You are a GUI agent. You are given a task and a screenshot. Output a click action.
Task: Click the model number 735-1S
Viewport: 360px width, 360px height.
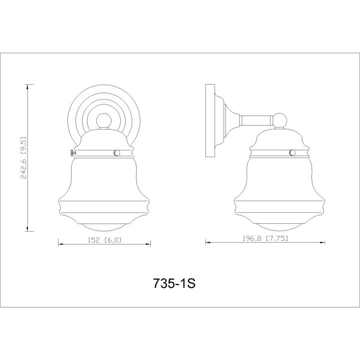174,283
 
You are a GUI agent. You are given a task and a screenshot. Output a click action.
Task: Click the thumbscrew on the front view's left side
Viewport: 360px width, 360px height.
73,153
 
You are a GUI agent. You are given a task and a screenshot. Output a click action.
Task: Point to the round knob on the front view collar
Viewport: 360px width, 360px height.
117,153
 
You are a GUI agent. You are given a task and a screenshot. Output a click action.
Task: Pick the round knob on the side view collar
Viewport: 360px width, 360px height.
292,152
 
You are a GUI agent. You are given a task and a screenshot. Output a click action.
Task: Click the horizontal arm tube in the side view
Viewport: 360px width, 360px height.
256,121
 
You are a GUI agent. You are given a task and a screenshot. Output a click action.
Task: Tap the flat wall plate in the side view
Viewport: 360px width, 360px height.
210,121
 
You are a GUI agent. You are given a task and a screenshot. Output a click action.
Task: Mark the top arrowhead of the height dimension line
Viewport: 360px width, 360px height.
27,87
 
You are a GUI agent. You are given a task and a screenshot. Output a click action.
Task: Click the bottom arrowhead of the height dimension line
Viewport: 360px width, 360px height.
27,229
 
